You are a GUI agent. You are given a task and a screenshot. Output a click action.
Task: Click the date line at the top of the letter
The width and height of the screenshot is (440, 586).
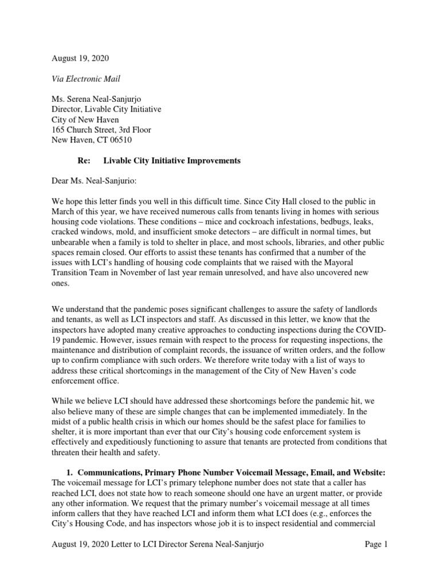[80, 58]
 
